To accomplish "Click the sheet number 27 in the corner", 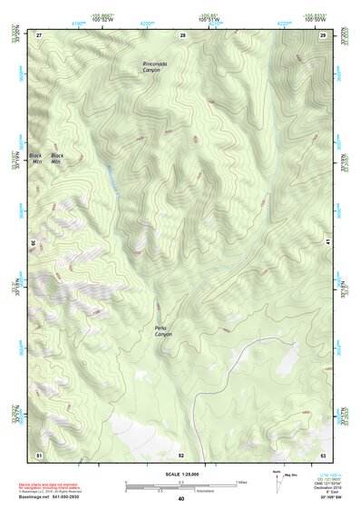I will [x=39, y=34].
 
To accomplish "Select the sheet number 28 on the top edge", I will [x=182, y=34].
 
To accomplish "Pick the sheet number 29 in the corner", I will [x=323, y=34].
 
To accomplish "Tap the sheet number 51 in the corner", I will [x=39, y=454].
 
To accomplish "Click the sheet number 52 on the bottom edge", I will [x=181, y=454].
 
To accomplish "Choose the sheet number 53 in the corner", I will [x=323, y=454].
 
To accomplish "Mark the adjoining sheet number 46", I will [x=34, y=243].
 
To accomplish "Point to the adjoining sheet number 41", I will [x=328, y=243].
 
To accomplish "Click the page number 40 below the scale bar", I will [x=181, y=498].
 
